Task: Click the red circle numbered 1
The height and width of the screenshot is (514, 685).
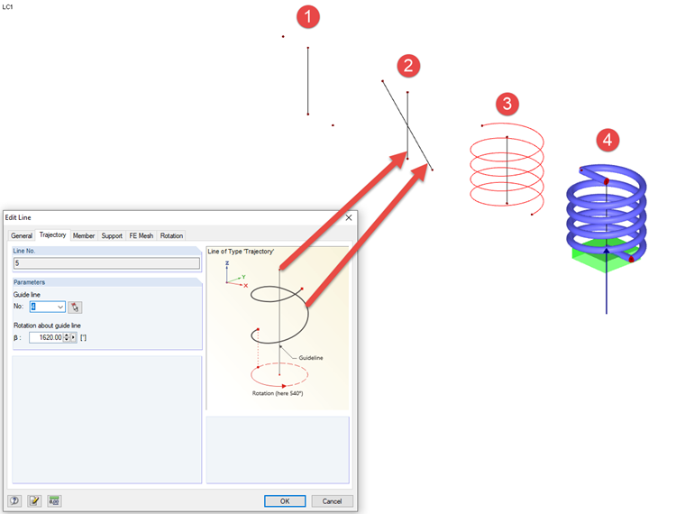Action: pyautogui.click(x=308, y=17)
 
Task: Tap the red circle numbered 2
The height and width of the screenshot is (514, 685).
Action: pyautogui.click(x=408, y=66)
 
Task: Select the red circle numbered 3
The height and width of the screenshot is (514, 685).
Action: pyautogui.click(x=507, y=104)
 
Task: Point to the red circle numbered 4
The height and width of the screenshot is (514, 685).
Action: pyautogui.click(x=607, y=140)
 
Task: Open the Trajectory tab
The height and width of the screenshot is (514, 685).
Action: pyautogui.click(x=52, y=234)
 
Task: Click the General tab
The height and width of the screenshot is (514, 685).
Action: pyautogui.click(x=22, y=235)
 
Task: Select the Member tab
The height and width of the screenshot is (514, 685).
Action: pyautogui.click(x=84, y=235)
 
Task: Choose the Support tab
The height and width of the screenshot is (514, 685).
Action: pyautogui.click(x=112, y=235)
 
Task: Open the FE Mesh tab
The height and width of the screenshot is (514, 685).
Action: pyautogui.click(x=142, y=235)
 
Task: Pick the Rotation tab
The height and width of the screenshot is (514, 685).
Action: pyautogui.click(x=171, y=235)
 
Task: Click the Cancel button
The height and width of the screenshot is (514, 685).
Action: pyautogui.click(x=332, y=500)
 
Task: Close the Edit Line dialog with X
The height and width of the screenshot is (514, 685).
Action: pyautogui.click(x=349, y=217)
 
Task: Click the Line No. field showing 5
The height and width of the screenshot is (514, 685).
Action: pyautogui.click(x=106, y=263)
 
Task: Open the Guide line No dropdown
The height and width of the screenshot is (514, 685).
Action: pyautogui.click(x=60, y=307)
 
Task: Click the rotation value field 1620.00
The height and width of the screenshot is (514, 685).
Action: pyautogui.click(x=47, y=337)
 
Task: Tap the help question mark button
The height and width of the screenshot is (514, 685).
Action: pyautogui.click(x=14, y=500)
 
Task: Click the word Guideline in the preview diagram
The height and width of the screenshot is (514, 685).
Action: pyautogui.click(x=311, y=357)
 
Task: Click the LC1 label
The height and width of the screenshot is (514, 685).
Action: pyautogui.click(x=7, y=7)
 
